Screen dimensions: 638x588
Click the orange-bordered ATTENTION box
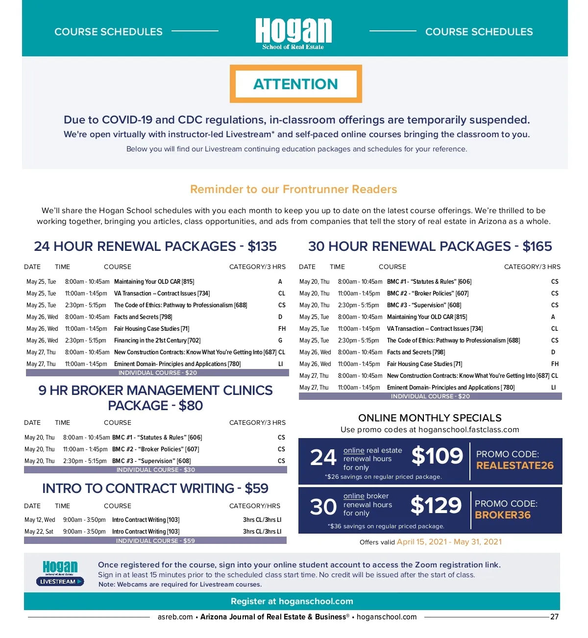[x=295, y=84]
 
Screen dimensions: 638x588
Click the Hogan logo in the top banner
[x=294, y=32]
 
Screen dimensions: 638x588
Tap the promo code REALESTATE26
[x=514, y=466]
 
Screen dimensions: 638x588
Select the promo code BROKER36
[x=503, y=515]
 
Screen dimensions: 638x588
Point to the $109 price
[x=437, y=456]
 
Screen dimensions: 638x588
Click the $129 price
[x=436, y=505]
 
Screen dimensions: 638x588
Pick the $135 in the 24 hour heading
[x=262, y=246]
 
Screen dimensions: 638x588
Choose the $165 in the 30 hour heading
[x=537, y=246]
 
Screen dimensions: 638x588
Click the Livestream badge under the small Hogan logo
[x=60, y=582]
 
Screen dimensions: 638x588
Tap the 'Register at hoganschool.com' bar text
[x=292, y=601]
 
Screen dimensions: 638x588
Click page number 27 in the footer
[x=554, y=617]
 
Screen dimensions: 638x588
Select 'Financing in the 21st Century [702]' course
[x=157, y=341]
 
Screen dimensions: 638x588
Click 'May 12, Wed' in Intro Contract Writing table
[x=40, y=520]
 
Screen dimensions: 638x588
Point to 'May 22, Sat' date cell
[x=39, y=532]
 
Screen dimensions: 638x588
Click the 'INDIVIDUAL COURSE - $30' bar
[x=155, y=470]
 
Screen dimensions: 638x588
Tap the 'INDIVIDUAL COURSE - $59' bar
[x=155, y=541]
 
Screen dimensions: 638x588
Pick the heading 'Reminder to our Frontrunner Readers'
[x=294, y=190]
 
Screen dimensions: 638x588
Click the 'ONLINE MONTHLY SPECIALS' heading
[x=430, y=418]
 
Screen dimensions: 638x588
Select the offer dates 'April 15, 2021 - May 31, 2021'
[x=449, y=542]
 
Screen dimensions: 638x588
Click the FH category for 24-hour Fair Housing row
[x=282, y=329]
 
